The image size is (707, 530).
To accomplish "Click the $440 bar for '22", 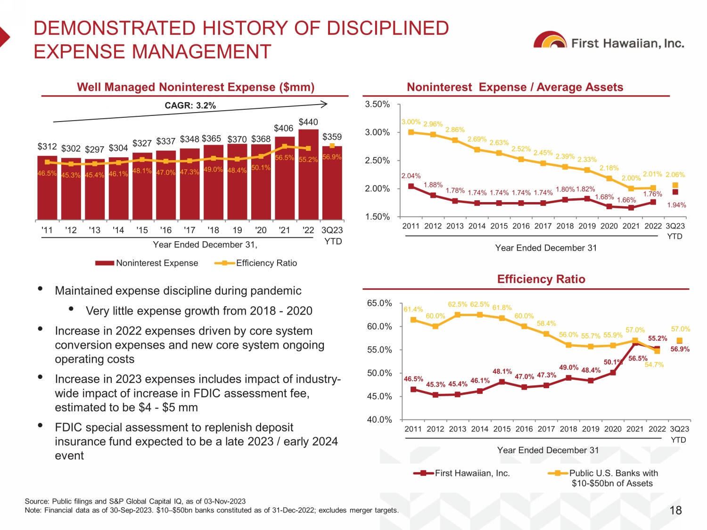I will [308, 174].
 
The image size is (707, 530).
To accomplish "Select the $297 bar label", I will [94, 149].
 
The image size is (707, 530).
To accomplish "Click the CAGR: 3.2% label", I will [190, 106].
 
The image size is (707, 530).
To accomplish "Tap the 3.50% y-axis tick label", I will [377, 104].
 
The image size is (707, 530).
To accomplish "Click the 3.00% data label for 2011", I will [411, 122].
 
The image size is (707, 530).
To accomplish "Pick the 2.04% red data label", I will [411, 176].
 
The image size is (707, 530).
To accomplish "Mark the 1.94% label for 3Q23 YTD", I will [676, 205].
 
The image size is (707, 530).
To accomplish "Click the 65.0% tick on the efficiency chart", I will [379, 303].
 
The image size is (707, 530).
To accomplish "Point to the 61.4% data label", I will [413, 309].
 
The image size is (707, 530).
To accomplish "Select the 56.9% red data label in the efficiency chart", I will [680, 349].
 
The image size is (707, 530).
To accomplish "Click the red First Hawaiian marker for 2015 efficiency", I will [502, 382].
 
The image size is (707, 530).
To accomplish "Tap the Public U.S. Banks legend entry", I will [603, 478].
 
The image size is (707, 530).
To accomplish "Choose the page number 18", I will [675, 510].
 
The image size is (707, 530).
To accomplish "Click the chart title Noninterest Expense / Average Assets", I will [515, 87].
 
